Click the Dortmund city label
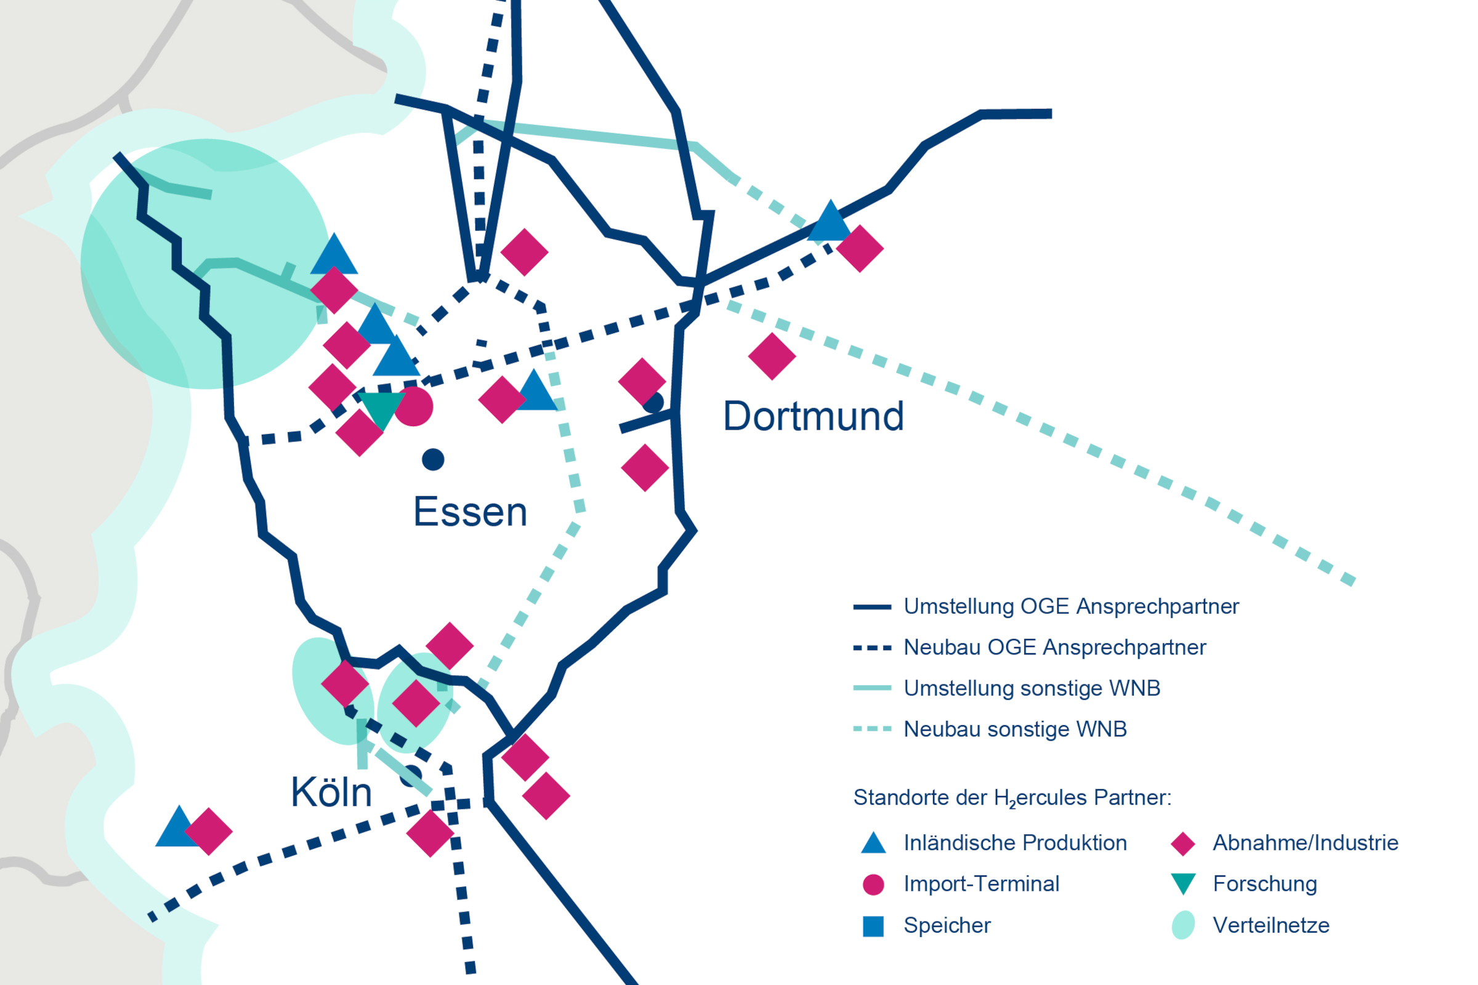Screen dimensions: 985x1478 click(x=813, y=417)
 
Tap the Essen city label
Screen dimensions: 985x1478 click(x=470, y=512)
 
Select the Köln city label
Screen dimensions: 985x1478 click(x=331, y=792)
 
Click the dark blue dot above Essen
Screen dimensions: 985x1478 click(x=433, y=460)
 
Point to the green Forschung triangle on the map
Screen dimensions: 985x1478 click(x=381, y=409)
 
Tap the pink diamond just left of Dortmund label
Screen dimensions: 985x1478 click(x=642, y=381)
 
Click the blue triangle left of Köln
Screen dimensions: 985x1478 click(x=178, y=828)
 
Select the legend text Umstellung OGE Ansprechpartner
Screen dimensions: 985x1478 click(x=1071, y=607)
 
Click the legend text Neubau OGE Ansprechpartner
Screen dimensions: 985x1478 click(x=1054, y=648)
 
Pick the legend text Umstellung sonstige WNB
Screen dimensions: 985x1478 click(x=1032, y=688)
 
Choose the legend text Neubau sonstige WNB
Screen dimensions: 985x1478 click(x=1015, y=730)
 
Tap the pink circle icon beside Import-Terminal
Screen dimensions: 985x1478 click(x=873, y=885)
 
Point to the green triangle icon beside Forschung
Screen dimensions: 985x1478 click(x=1182, y=883)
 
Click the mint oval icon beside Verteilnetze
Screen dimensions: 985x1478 click(x=1182, y=925)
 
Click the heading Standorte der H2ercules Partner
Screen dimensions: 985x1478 click(x=1012, y=798)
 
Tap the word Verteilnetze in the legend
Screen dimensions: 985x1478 click(x=1270, y=925)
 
